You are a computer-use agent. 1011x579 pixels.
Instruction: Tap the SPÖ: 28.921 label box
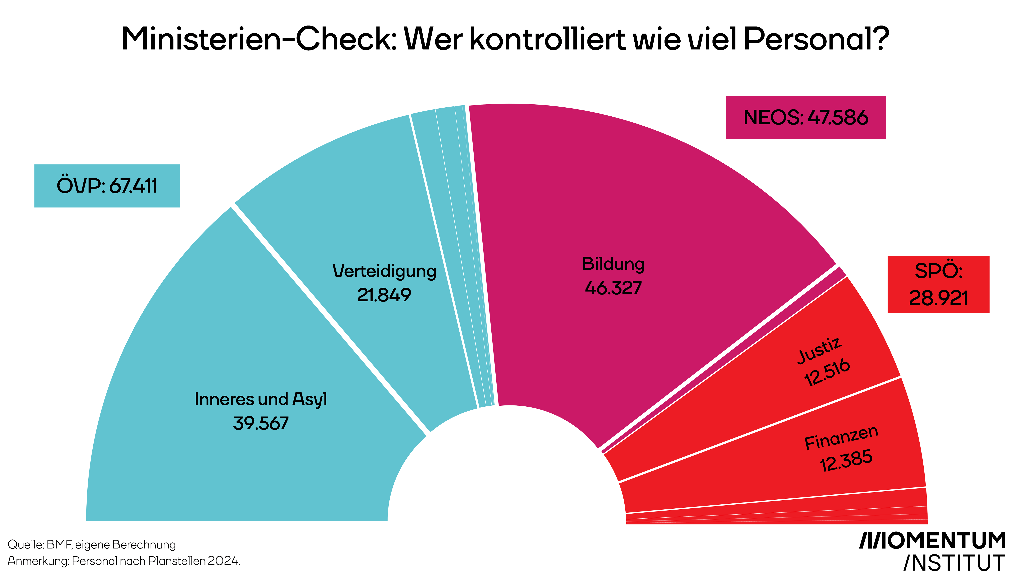pos(938,284)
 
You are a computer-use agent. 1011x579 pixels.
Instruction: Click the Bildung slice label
pos(613,264)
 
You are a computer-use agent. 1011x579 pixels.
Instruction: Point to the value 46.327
pos(613,288)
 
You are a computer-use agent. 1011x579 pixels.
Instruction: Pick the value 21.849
pos(384,295)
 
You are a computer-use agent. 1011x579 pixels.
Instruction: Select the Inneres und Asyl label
pos(261,399)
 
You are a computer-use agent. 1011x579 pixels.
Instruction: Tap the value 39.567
pos(261,423)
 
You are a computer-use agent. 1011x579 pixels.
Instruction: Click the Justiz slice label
pos(820,350)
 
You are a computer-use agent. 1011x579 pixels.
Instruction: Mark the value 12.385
pos(847,460)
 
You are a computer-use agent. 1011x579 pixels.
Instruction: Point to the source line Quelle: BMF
pos(91,544)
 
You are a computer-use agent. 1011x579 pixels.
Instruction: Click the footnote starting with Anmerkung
pos(124,561)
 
